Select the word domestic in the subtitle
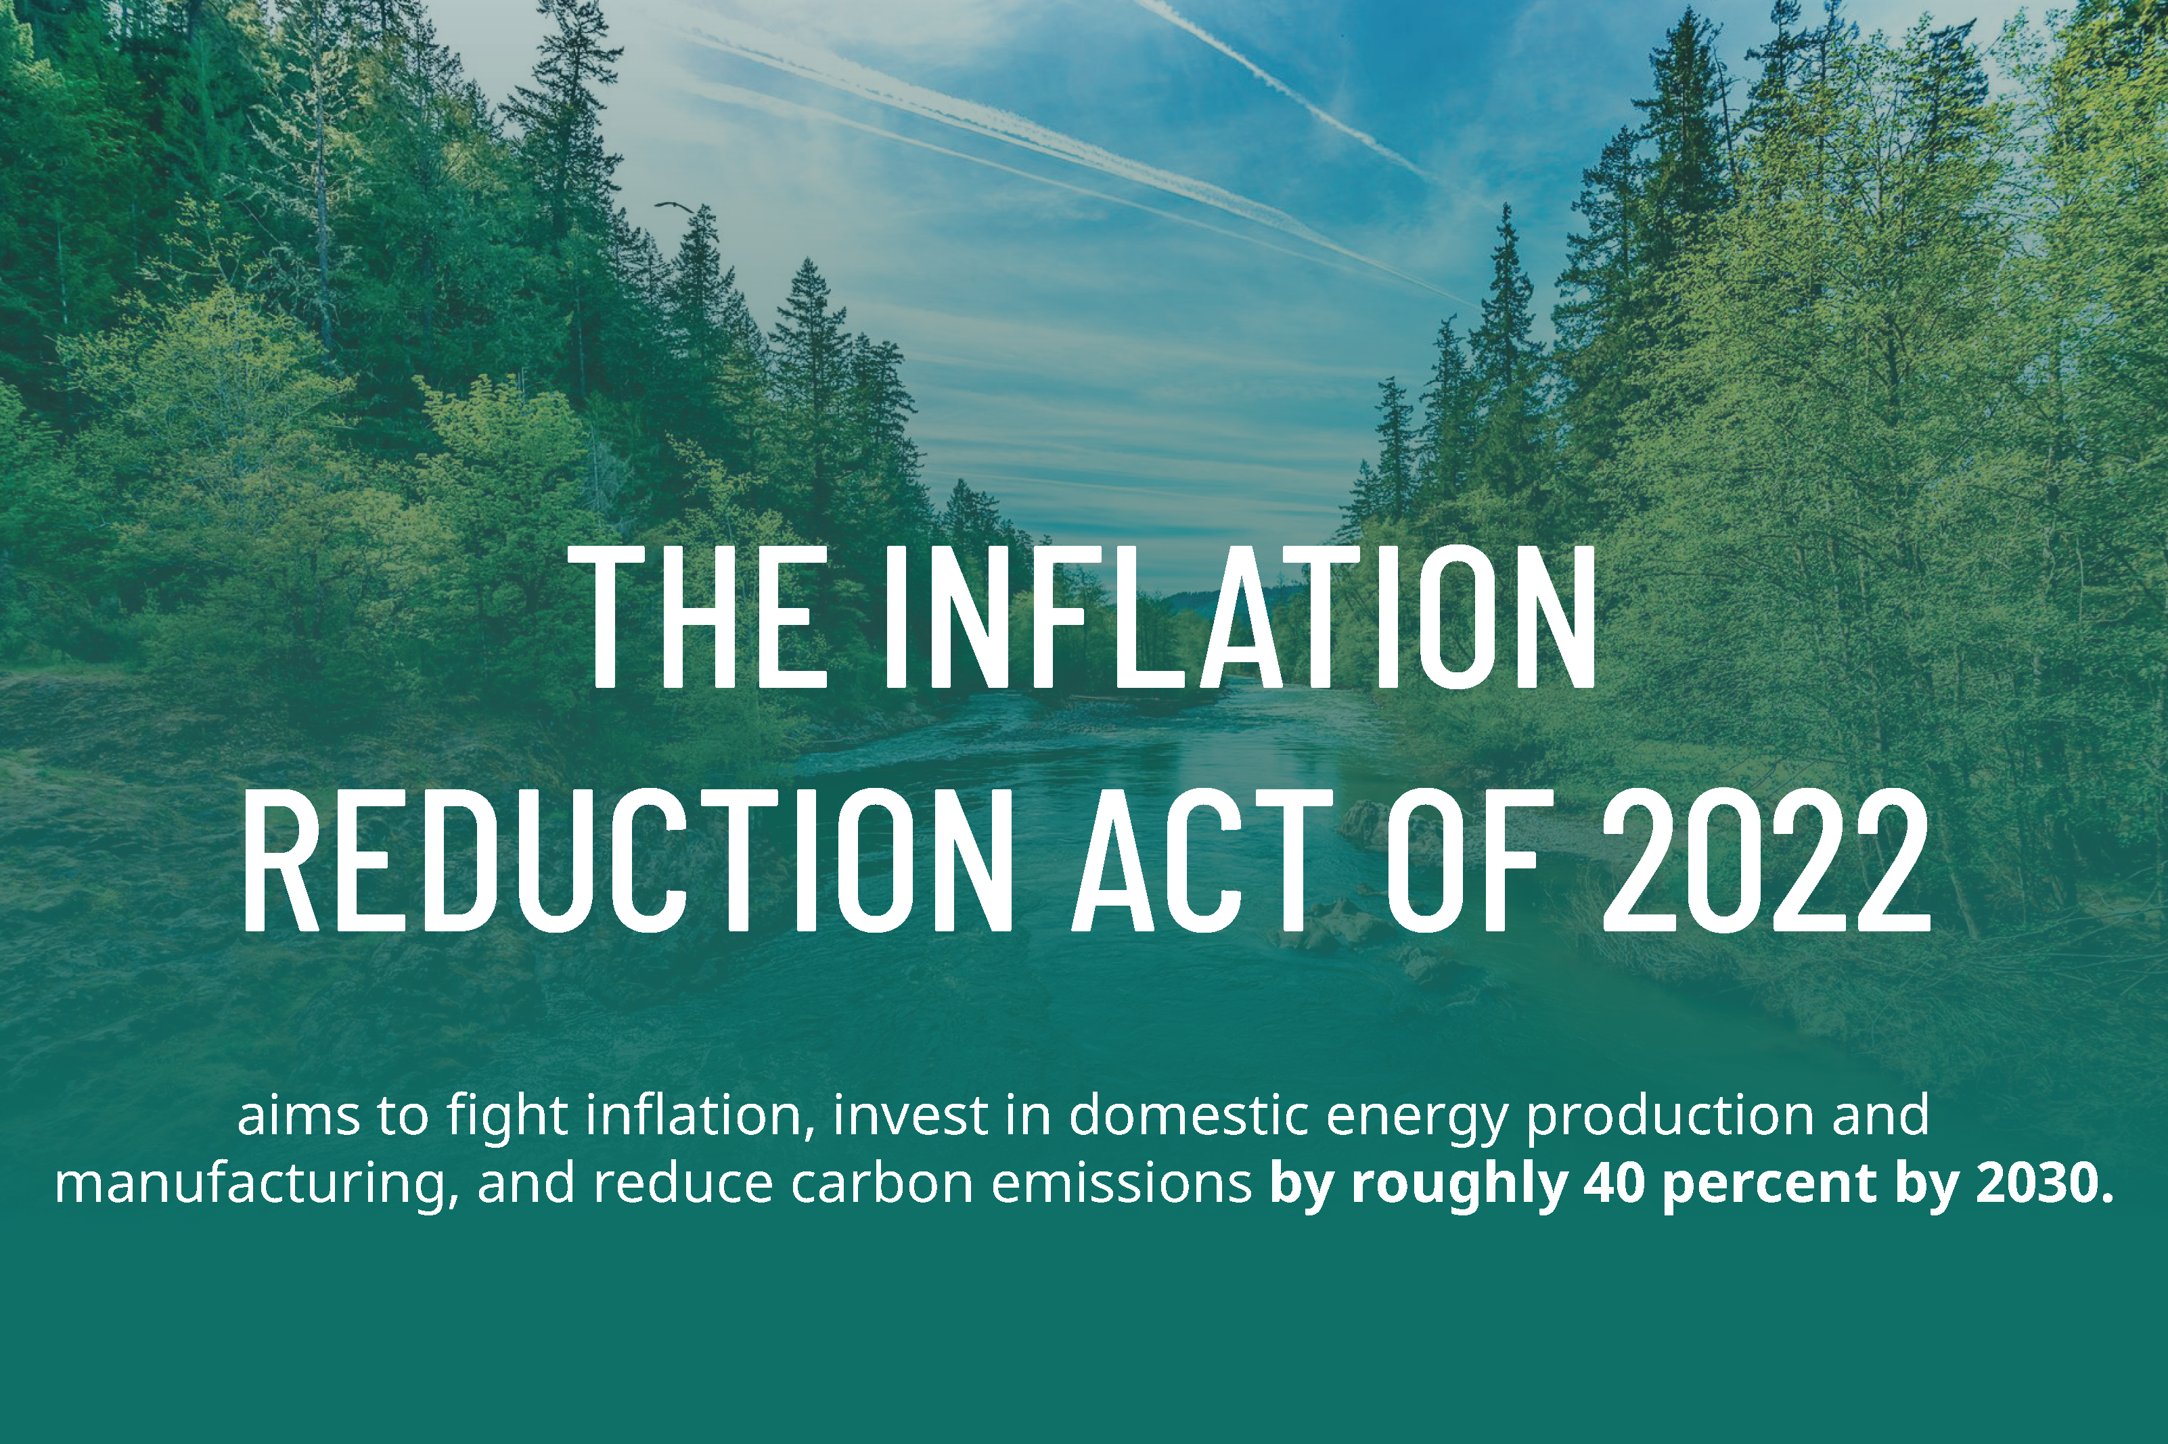pos(1189,1116)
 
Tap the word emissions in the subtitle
pos(1123,1184)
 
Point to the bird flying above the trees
pos(673,206)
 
